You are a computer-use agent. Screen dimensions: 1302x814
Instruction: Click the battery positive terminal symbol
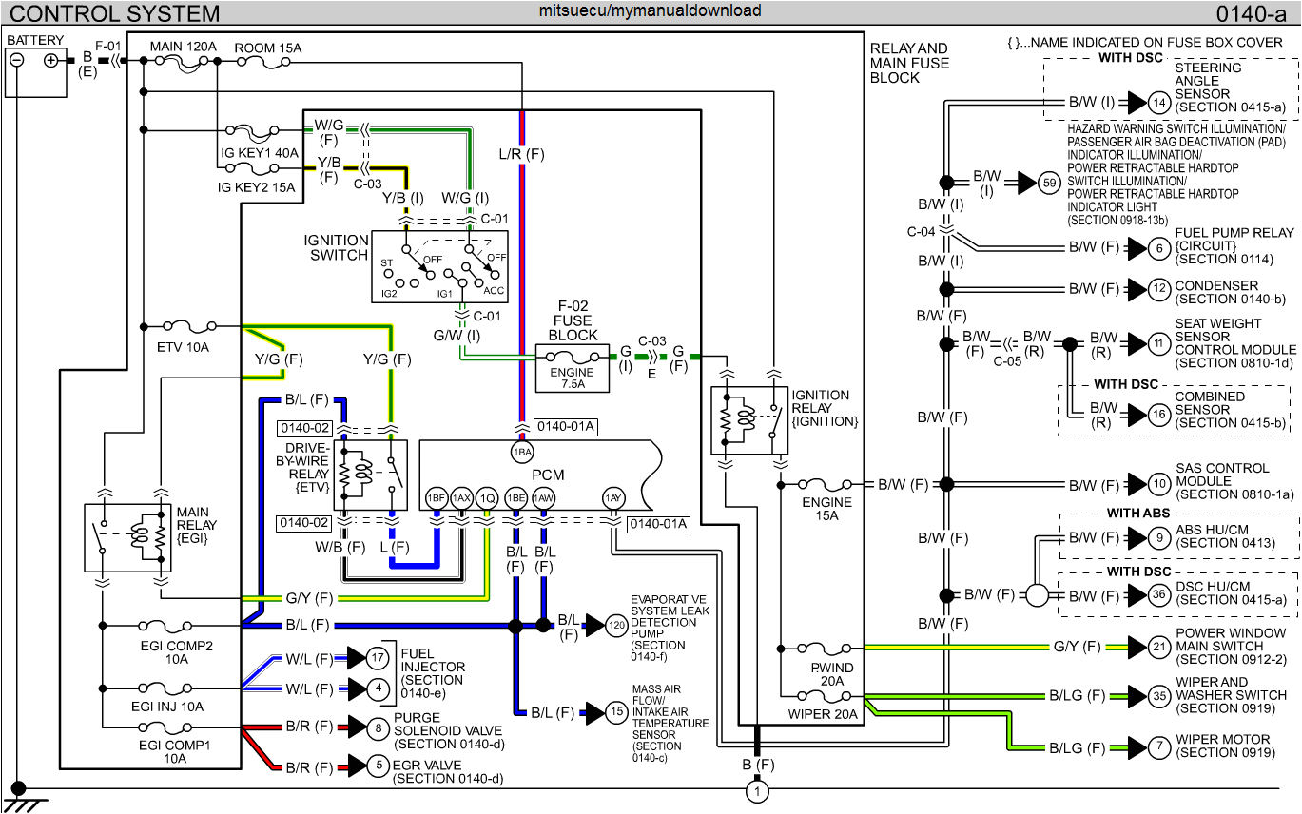(x=51, y=59)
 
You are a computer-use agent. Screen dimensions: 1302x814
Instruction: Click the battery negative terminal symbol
(x=17, y=59)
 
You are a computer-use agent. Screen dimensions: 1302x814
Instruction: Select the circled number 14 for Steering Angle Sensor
(x=1158, y=102)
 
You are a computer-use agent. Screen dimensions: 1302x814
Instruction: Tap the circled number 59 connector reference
(x=1049, y=183)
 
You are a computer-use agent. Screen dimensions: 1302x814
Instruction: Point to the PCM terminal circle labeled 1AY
(x=613, y=497)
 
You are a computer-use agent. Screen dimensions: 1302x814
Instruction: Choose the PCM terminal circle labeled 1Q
(x=487, y=497)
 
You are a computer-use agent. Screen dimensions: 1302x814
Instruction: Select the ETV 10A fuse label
(x=183, y=348)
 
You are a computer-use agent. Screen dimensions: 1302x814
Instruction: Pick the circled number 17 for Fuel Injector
(x=379, y=657)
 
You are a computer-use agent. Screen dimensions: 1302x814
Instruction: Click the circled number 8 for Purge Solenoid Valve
(x=379, y=727)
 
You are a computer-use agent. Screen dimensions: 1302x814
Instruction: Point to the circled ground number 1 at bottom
(x=758, y=791)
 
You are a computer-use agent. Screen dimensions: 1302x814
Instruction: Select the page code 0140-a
(x=1254, y=13)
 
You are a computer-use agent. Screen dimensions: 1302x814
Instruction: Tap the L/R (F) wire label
(x=521, y=153)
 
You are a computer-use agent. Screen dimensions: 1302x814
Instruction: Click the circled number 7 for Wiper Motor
(x=1158, y=746)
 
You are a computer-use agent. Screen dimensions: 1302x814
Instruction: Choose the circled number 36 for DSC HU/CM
(x=1158, y=595)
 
